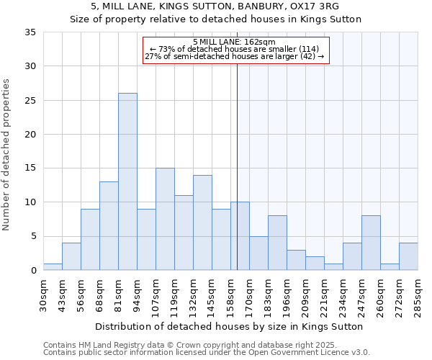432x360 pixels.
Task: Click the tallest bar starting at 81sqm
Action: pos(127,181)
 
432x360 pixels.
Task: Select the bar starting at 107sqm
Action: pos(165,219)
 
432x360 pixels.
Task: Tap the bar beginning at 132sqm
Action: pos(202,222)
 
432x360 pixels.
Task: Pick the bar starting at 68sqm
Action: pos(109,226)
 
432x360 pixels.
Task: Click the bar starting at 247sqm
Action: pos(371,243)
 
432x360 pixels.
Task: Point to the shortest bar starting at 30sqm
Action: pos(53,266)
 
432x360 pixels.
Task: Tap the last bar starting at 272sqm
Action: pos(408,256)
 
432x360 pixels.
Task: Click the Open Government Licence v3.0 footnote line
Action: pos(206,352)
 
